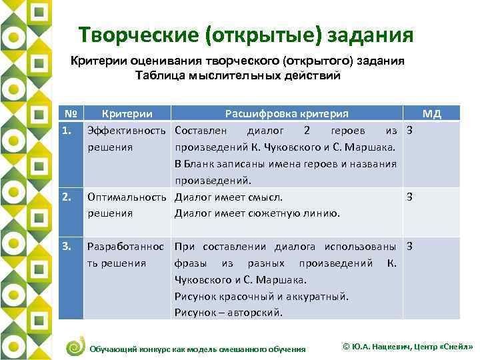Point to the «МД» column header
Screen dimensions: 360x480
[432, 113]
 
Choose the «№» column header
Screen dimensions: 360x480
[66, 113]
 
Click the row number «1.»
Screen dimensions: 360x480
[66, 130]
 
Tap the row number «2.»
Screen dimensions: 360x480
[66, 197]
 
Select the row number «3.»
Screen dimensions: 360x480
[66, 246]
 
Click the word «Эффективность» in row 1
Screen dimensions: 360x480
[127, 130]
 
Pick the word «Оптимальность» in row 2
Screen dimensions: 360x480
[127, 197]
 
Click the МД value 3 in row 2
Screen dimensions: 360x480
[410, 197]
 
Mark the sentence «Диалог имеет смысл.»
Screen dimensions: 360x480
[229, 197]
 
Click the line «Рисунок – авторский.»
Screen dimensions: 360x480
[229, 312]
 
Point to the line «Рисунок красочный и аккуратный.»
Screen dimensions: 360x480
[261, 296]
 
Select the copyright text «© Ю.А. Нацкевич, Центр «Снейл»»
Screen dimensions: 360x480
[407, 347]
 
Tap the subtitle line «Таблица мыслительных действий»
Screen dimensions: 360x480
[238, 75]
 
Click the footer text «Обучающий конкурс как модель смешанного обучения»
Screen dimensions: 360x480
[197, 349]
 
